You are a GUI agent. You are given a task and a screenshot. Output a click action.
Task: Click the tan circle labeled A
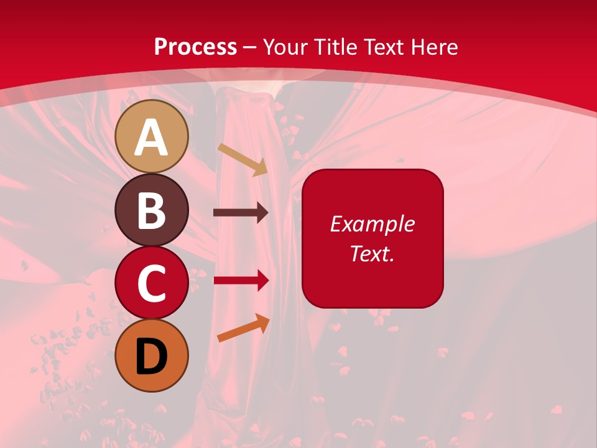click(x=151, y=136)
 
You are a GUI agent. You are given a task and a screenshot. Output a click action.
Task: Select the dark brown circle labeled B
click(x=151, y=210)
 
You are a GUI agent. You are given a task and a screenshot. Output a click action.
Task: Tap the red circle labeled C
click(x=151, y=282)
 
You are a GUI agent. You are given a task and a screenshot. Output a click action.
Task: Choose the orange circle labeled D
click(x=151, y=355)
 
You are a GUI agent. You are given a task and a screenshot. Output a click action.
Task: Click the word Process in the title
click(x=195, y=47)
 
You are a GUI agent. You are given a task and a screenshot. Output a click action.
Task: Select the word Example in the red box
click(x=373, y=224)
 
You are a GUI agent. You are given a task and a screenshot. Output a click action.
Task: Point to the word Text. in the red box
click(x=373, y=253)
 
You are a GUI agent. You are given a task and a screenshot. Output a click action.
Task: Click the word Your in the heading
click(x=285, y=47)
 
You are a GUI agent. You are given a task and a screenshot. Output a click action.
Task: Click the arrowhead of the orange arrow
click(x=264, y=322)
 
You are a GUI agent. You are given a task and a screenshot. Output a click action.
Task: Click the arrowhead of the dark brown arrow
click(x=262, y=213)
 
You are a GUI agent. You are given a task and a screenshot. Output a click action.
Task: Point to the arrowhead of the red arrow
click(x=262, y=281)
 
